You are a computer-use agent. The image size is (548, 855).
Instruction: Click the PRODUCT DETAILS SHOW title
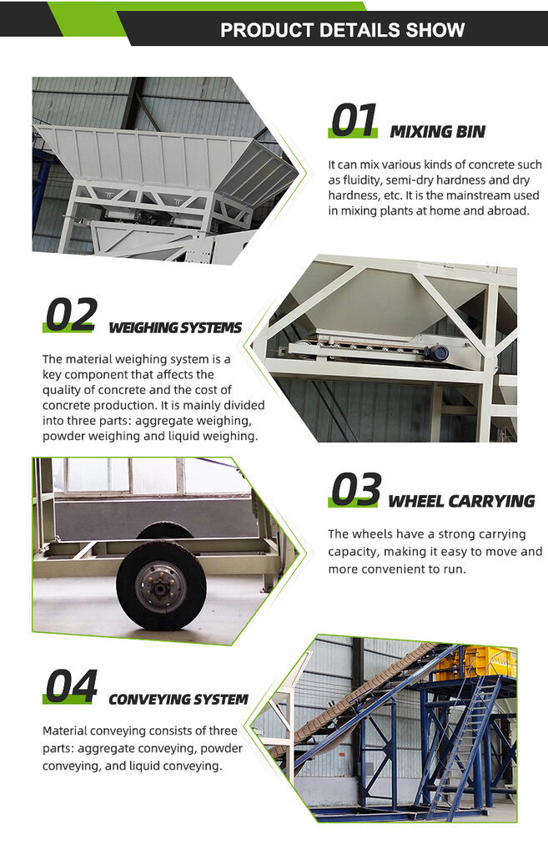click(x=342, y=31)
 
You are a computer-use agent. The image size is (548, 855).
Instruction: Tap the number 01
click(x=354, y=121)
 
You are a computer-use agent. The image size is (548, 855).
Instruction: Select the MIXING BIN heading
click(x=437, y=131)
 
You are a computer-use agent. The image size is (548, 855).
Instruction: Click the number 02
click(x=70, y=316)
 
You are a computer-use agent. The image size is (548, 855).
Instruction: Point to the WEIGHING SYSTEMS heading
click(x=175, y=327)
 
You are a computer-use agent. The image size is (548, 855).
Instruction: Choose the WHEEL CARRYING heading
click(x=461, y=501)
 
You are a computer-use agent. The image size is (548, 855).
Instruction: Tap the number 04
click(x=71, y=686)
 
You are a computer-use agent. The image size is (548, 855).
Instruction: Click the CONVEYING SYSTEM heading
click(x=178, y=699)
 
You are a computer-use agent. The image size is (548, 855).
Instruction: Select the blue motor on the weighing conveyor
click(x=435, y=352)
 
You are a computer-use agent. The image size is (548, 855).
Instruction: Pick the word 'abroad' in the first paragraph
click(x=504, y=210)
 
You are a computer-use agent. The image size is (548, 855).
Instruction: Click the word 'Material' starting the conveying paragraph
click(x=67, y=731)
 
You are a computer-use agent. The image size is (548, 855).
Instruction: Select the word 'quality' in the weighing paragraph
click(x=64, y=390)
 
